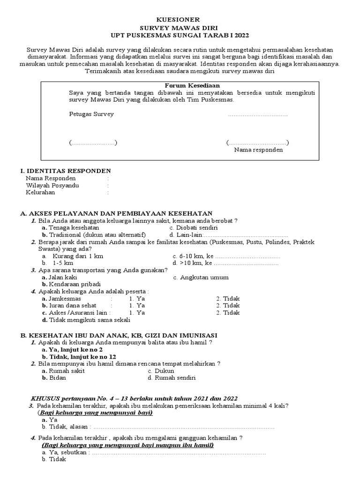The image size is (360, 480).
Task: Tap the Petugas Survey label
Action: point(91,114)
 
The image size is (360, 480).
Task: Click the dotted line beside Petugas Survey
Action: point(258,114)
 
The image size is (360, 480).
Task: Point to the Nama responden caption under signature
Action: point(258,150)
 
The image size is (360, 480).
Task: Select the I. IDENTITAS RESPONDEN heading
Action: point(66,171)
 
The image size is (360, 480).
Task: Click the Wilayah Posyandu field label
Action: point(52,185)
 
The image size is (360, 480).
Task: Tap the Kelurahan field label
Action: point(40,192)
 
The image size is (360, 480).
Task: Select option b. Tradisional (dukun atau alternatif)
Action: point(94,234)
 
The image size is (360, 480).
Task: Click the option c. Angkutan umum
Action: point(201,277)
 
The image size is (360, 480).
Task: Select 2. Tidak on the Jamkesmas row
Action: point(228,298)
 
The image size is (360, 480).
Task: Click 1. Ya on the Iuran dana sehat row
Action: point(137,305)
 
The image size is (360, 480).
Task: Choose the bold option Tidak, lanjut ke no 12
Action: point(79,356)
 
